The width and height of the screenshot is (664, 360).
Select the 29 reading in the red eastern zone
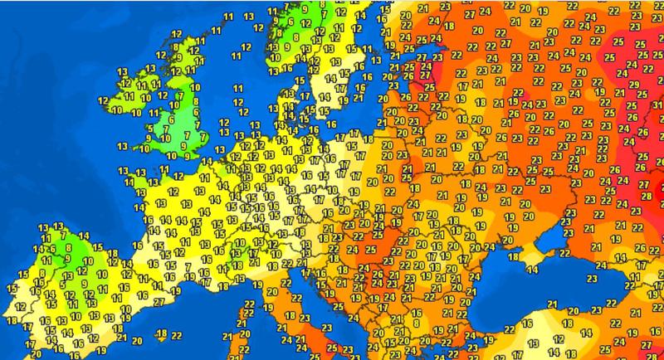[633, 85]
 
